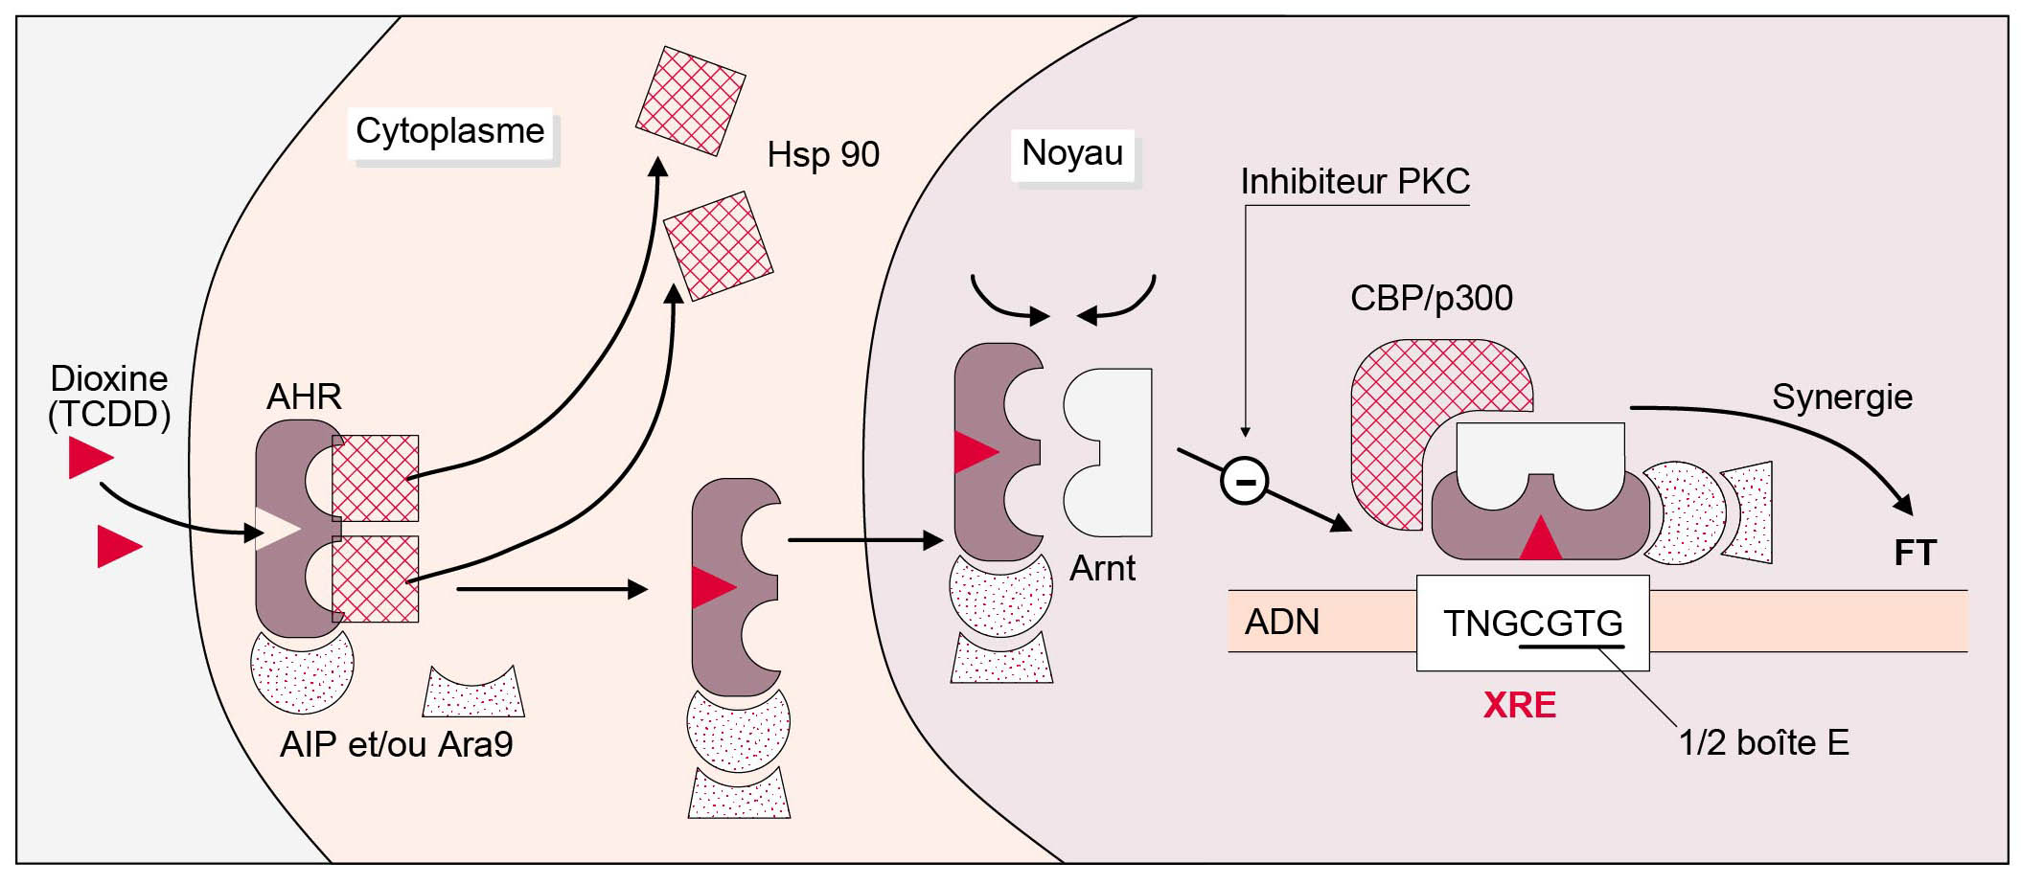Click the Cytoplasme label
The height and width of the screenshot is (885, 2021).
(449, 131)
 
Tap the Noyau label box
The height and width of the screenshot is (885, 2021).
(1072, 153)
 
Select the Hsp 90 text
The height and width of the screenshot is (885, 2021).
(823, 155)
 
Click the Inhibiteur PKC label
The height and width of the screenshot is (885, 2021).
(1354, 182)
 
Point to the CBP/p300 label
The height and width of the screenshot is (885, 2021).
(1431, 299)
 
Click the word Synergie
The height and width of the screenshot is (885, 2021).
(1842, 397)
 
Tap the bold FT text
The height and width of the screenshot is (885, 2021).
(1915, 554)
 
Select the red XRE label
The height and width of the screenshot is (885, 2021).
(1519, 706)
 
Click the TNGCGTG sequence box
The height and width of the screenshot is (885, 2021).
(1532, 624)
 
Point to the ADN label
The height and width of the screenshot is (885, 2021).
(1281, 623)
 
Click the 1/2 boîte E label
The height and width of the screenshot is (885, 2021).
(1763, 743)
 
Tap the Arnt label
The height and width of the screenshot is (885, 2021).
(1102, 569)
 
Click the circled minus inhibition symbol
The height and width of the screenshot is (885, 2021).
(1245, 481)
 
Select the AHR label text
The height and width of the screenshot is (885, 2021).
(304, 397)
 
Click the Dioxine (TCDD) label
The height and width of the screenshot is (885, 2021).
(109, 396)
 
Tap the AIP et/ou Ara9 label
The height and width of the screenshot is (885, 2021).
(396, 745)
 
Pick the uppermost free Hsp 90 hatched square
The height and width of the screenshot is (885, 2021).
(690, 101)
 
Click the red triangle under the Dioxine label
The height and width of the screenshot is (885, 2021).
(89, 457)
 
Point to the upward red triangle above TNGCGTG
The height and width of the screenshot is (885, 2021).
(1540, 539)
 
